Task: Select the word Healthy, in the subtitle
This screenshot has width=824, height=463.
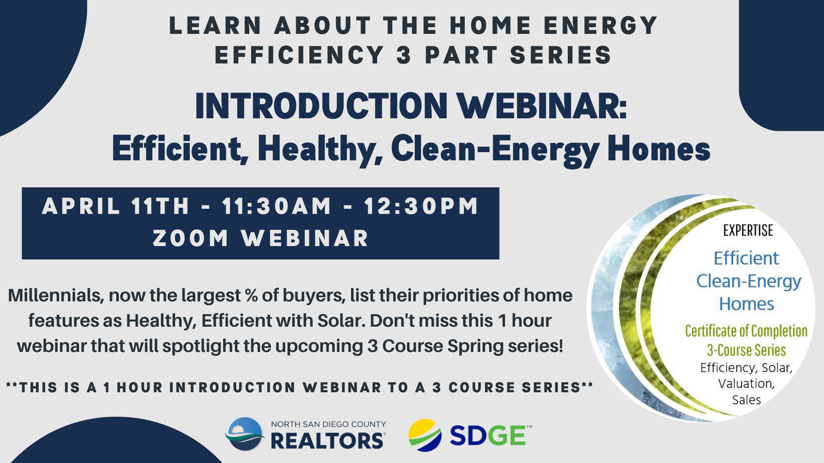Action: pyautogui.click(x=320, y=150)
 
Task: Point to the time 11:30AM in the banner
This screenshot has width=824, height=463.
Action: pyautogui.click(x=277, y=206)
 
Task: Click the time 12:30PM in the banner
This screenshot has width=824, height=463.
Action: pyautogui.click(x=421, y=206)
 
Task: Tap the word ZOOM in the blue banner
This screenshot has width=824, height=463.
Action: pyautogui.click(x=191, y=238)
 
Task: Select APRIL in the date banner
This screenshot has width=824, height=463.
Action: pyautogui.click(x=81, y=206)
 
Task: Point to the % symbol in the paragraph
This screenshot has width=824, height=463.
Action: pyautogui.click(x=251, y=296)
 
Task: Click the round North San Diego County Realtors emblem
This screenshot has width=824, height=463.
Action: pyautogui.click(x=245, y=434)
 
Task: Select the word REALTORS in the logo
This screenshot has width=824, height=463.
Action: pyautogui.click(x=327, y=441)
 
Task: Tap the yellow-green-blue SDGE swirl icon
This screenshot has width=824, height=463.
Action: pyautogui.click(x=425, y=435)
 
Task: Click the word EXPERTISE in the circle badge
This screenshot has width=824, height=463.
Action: pyautogui.click(x=748, y=231)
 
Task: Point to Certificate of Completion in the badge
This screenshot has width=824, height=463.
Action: pyautogui.click(x=746, y=331)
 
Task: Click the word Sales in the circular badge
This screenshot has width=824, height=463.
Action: pyautogui.click(x=746, y=400)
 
